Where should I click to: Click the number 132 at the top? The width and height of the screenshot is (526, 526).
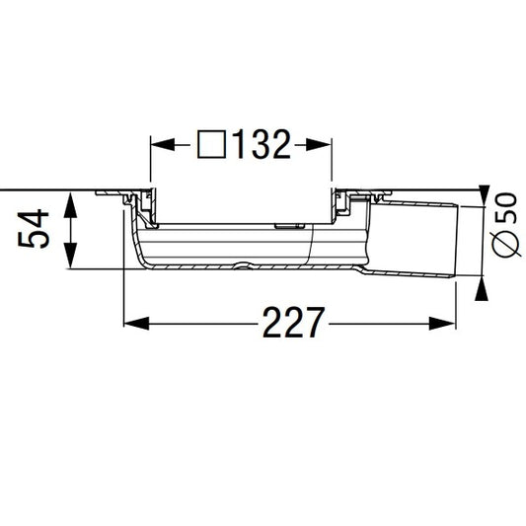[261, 146]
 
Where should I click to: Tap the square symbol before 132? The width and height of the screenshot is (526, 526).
[211, 146]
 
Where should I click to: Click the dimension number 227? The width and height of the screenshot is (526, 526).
[293, 323]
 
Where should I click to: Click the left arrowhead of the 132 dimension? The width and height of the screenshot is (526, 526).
[160, 146]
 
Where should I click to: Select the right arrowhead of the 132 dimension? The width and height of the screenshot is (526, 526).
[322, 146]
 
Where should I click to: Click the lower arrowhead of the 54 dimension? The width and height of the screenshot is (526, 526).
[71, 258]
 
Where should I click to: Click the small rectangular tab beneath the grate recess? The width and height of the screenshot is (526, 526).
[287, 226]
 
